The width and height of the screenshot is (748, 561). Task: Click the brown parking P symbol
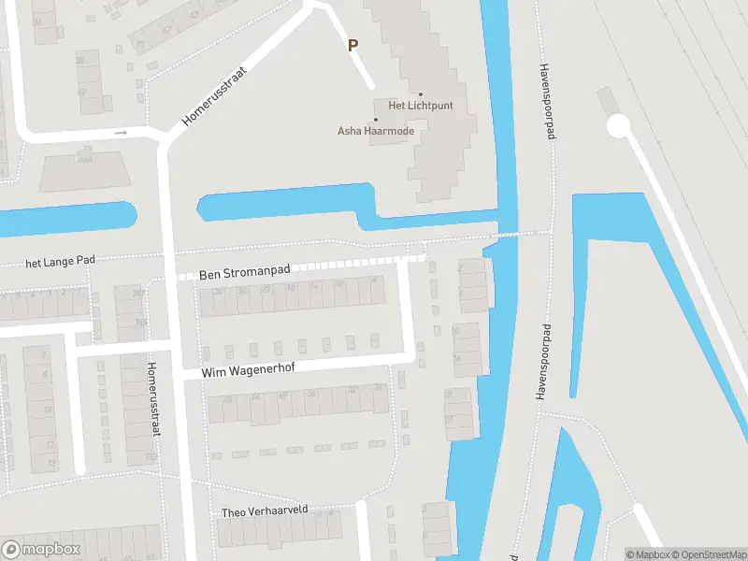(x=352, y=45)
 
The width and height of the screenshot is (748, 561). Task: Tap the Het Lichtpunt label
(x=421, y=106)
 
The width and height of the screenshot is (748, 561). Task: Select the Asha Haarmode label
(x=376, y=131)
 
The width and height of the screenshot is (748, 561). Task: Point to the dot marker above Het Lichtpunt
(x=421, y=94)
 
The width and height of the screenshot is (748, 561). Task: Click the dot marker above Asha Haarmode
(x=376, y=120)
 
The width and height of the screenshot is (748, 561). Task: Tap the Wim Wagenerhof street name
(x=248, y=369)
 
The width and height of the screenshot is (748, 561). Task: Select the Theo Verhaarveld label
(x=265, y=511)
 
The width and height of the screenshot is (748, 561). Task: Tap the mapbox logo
(x=41, y=549)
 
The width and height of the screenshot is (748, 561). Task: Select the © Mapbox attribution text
(x=646, y=554)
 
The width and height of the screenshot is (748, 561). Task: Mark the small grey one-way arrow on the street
(x=121, y=133)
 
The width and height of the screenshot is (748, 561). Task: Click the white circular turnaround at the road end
(x=618, y=126)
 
